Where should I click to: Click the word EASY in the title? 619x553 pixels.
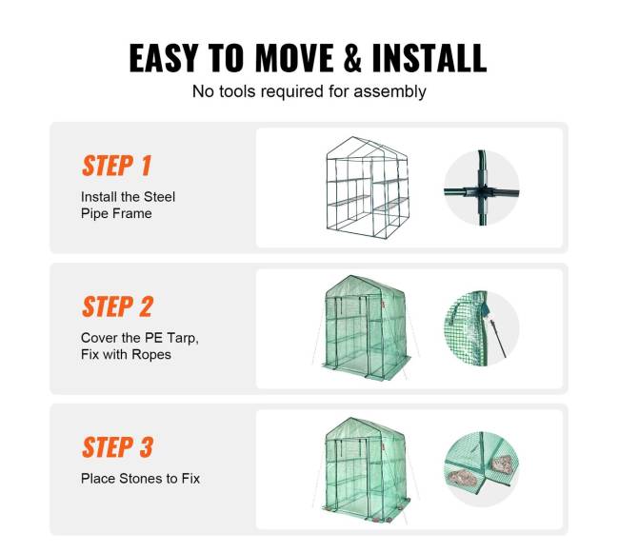click(x=164, y=58)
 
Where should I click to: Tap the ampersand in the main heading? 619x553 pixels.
click(x=352, y=58)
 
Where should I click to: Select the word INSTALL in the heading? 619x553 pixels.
click(x=429, y=58)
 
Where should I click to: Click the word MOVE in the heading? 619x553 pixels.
click(x=294, y=58)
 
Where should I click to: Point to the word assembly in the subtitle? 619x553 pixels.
click(x=389, y=92)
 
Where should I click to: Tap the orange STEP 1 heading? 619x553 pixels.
click(x=117, y=166)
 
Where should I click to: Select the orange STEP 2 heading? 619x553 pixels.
click(x=118, y=306)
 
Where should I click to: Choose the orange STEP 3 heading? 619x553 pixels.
click(x=118, y=447)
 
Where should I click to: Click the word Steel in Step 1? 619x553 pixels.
click(x=159, y=197)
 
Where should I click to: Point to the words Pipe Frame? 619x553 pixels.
click(x=116, y=213)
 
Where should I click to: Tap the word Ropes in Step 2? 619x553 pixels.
click(x=151, y=354)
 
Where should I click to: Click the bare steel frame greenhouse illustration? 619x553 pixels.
click(x=368, y=188)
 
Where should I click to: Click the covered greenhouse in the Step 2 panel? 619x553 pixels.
click(x=367, y=328)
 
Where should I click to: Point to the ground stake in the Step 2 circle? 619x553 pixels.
click(x=498, y=338)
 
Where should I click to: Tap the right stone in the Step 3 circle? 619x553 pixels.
click(x=502, y=464)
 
